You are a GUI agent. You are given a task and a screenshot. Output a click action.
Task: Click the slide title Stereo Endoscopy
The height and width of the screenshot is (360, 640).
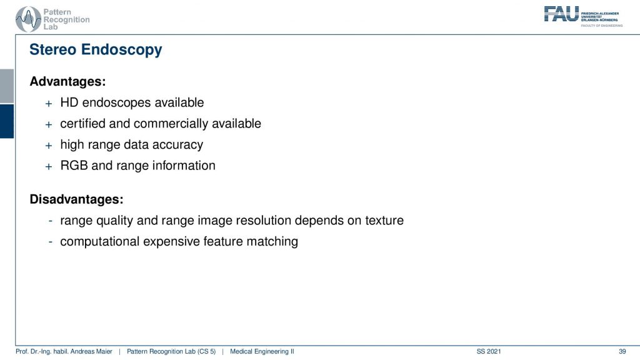pyautogui.click(x=96, y=50)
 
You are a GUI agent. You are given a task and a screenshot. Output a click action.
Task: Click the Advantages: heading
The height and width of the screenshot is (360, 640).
pyautogui.click(x=67, y=81)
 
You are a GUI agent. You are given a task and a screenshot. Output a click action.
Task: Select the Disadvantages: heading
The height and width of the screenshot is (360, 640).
pyautogui.click(x=76, y=199)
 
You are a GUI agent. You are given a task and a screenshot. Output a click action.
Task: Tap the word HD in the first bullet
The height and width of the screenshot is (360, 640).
pyautogui.click(x=69, y=102)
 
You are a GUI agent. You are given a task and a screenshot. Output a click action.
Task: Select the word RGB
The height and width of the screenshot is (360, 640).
pyautogui.click(x=74, y=165)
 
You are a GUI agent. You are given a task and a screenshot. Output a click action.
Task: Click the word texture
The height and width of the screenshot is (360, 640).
pyautogui.click(x=384, y=221)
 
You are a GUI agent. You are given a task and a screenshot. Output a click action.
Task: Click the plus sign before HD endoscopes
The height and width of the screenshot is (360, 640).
pyautogui.click(x=49, y=104)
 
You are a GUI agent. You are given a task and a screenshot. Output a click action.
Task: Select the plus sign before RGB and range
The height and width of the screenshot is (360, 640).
pyautogui.click(x=49, y=166)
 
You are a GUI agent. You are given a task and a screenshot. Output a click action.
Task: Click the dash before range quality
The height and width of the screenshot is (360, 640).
pyautogui.click(x=50, y=221)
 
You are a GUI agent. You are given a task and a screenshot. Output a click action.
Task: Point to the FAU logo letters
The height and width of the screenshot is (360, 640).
pyautogui.click(x=561, y=14)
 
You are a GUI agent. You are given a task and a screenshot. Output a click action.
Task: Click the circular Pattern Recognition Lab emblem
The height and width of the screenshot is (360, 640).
pyautogui.click(x=28, y=19)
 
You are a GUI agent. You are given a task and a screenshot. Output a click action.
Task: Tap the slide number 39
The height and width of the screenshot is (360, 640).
pyautogui.click(x=622, y=351)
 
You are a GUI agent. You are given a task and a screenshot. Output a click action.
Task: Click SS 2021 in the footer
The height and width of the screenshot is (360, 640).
pyautogui.click(x=489, y=351)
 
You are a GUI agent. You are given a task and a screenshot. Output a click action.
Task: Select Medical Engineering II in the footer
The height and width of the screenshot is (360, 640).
pyautogui.click(x=262, y=351)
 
